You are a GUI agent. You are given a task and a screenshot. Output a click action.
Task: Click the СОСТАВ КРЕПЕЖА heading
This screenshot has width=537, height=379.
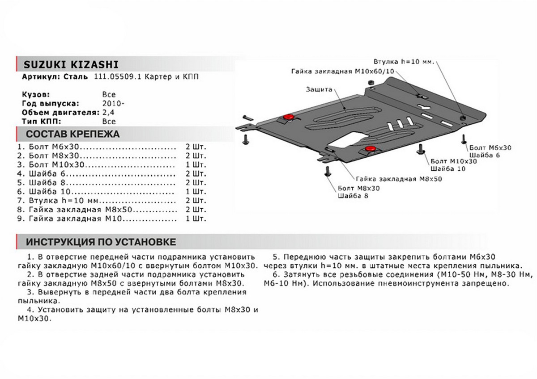(72, 135)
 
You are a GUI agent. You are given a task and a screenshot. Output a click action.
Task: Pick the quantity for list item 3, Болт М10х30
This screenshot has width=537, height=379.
(195, 164)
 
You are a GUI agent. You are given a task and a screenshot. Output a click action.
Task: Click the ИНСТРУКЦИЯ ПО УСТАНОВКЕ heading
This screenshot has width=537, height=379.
(101, 242)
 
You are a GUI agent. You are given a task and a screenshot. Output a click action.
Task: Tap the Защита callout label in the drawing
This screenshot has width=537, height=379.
(319, 89)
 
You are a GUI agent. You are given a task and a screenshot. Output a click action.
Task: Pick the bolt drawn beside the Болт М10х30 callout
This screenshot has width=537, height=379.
(421, 148)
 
